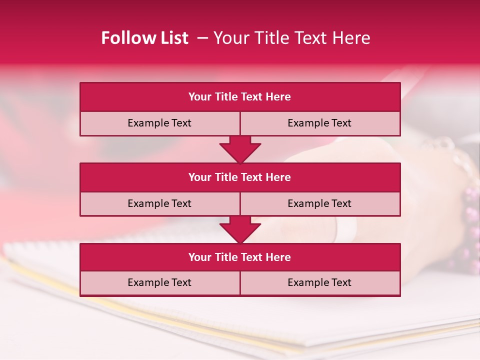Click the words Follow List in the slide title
point(144,38)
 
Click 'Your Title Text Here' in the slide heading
point(291,38)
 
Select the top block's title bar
point(240,97)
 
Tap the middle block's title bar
point(240,177)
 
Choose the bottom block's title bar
point(240,257)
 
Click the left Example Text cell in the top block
point(159,123)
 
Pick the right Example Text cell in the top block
point(320,123)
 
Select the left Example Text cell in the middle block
point(159,203)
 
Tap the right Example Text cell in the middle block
point(320,203)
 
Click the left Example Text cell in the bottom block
point(159,282)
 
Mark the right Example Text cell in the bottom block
point(320,282)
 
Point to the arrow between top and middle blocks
point(240,149)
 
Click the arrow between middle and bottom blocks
point(240,229)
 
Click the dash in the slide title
point(202,38)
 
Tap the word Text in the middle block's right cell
point(341,203)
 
